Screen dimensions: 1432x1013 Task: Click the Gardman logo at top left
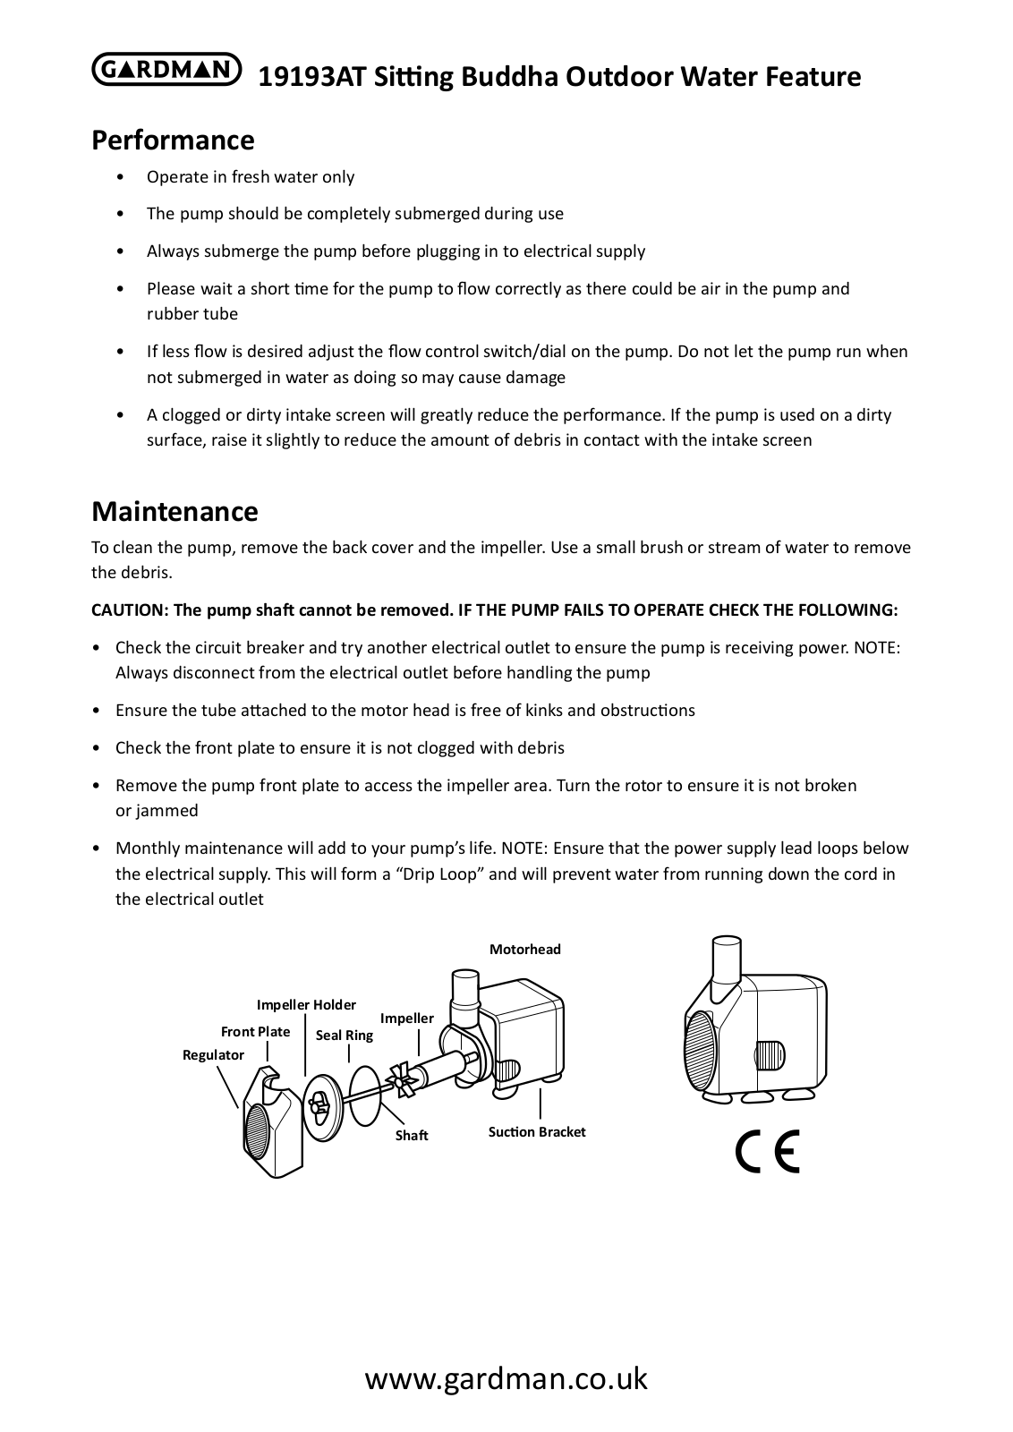166,71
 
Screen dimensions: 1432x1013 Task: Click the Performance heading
173,141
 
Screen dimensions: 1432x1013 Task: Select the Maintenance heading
175,511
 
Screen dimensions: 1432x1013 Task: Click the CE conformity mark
767,1152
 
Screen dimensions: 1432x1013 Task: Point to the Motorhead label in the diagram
524,949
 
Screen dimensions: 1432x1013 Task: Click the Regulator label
213,1054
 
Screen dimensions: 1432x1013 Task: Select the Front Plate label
255,1031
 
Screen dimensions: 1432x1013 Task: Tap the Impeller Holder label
306,1005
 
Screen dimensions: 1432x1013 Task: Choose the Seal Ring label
344,1035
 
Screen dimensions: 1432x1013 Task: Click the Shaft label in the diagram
412,1135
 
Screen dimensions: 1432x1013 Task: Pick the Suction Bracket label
537,1131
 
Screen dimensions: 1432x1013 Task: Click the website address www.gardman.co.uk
506,1378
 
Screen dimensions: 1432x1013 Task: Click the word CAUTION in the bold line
129,610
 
